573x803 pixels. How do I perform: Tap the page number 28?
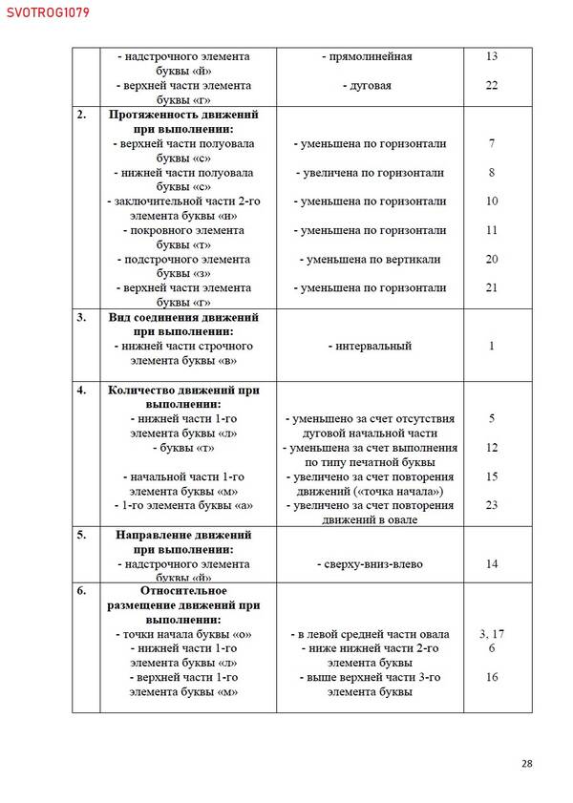(x=527, y=763)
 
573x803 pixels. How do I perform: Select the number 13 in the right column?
(x=492, y=56)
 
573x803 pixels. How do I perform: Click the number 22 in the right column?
(x=492, y=86)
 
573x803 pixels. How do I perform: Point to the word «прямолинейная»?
(x=369, y=56)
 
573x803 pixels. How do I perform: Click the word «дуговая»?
(x=368, y=86)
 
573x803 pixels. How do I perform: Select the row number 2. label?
(x=82, y=115)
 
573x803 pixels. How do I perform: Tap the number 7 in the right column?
(x=491, y=144)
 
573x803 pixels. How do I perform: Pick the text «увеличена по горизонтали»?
(x=371, y=173)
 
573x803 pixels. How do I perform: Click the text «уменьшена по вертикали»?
(x=371, y=259)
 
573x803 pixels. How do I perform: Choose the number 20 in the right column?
(x=492, y=259)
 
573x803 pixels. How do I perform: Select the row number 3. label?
(x=82, y=317)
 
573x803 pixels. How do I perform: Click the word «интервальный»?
(x=370, y=346)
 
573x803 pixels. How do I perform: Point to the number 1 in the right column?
(x=491, y=346)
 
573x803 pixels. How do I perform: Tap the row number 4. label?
(x=82, y=390)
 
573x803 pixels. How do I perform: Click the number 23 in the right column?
(x=492, y=504)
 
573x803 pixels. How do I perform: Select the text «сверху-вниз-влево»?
(x=370, y=564)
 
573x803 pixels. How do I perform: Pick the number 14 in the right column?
(x=492, y=564)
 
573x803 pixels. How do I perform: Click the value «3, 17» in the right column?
(x=491, y=633)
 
